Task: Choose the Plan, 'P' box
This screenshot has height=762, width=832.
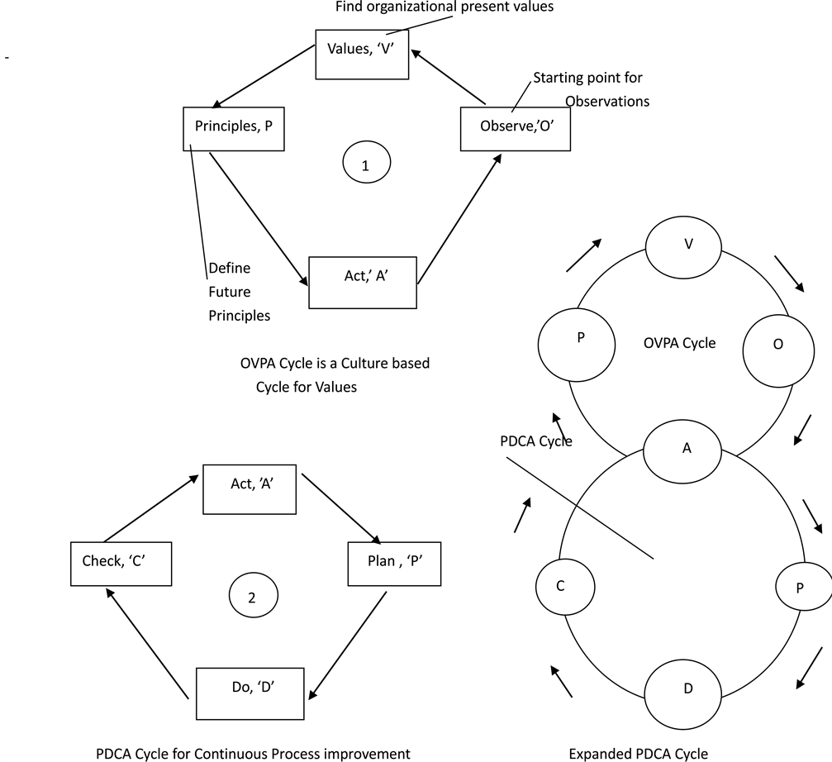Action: pyautogui.click(x=392, y=562)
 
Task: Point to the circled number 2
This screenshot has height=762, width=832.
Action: pyautogui.click(x=253, y=598)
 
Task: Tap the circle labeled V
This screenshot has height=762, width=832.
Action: pyautogui.click(x=688, y=244)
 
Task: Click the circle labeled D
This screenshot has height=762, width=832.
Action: pyautogui.click(x=688, y=688)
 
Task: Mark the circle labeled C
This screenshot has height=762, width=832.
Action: pyautogui.click(x=561, y=586)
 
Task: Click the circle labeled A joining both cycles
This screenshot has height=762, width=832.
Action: pyautogui.click(x=687, y=447)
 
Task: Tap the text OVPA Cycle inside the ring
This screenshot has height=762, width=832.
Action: pyautogui.click(x=679, y=344)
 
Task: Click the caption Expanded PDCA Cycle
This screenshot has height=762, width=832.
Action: pyautogui.click(x=639, y=753)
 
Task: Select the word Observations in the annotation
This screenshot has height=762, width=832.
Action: pyautogui.click(x=607, y=102)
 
